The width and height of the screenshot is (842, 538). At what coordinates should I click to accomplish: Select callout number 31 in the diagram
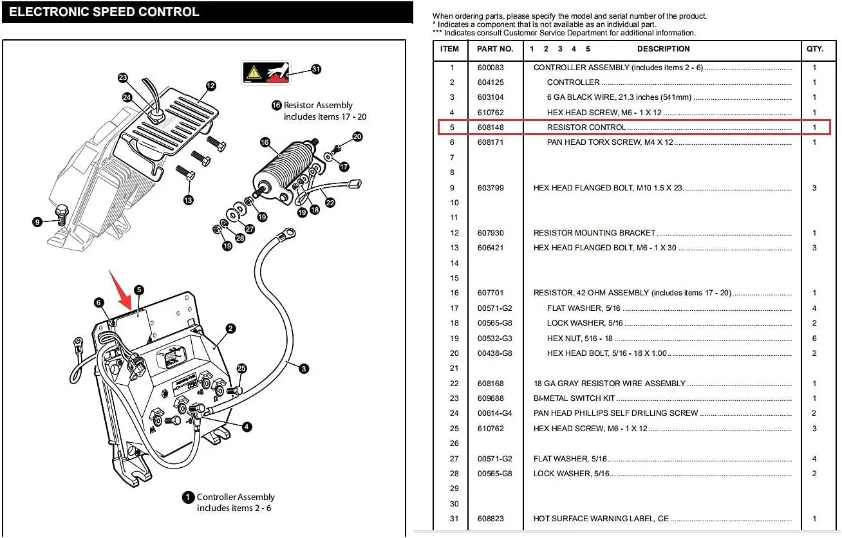(315, 69)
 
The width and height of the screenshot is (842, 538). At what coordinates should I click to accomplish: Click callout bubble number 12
(210, 86)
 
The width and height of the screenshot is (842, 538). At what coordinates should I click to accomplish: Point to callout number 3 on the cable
(304, 369)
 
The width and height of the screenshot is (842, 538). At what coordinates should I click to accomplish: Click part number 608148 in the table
(491, 127)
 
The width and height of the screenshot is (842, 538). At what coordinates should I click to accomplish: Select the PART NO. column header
(495, 49)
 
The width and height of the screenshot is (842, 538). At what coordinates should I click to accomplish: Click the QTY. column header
(814, 49)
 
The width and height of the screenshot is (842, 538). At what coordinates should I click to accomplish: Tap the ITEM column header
(449, 49)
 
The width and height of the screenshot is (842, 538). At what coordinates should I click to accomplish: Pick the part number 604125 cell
(491, 82)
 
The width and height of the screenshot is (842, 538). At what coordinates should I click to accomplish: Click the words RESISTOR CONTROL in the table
(586, 127)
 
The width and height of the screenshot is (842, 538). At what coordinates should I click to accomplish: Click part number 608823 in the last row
(491, 519)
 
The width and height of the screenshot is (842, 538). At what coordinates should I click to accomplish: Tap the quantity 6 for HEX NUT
(814, 339)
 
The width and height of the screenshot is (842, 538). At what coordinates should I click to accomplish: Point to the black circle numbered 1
(188, 497)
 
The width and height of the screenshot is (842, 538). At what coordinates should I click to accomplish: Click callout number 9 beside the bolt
(38, 222)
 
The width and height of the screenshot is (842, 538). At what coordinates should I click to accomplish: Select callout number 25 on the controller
(241, 369)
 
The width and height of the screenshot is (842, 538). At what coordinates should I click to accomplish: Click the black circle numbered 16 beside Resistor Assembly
(276, 106)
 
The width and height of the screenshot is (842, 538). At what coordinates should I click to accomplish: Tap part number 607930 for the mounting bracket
(491, 233)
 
